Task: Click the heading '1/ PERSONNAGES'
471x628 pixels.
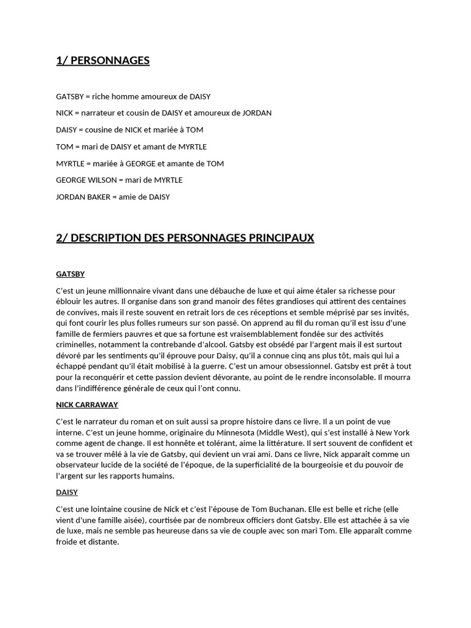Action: [102, 61]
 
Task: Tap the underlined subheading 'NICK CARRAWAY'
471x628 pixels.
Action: [86, 405]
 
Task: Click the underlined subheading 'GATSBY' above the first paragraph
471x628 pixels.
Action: [70, 274]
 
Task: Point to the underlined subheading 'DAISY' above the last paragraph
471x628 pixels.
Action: [67, 492]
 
